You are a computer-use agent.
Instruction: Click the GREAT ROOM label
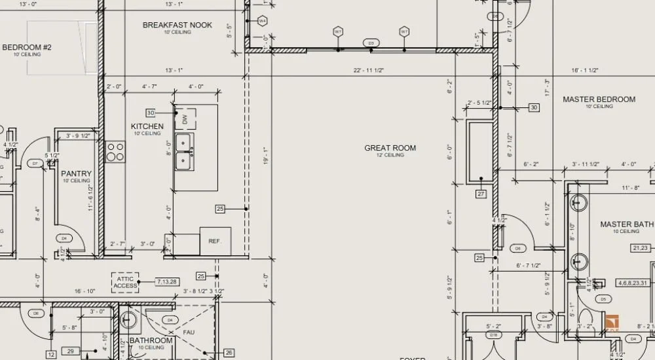390,148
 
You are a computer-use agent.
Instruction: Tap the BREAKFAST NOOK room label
178,25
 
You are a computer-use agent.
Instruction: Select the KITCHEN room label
147,126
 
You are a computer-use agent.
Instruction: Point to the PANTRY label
77,173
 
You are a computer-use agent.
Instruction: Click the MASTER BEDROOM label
599,99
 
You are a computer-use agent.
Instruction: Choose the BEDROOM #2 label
27,47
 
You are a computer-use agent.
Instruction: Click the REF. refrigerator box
215,241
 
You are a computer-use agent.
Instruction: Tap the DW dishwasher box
185,118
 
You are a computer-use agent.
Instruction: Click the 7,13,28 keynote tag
166,281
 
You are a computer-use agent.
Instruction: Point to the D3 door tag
371,43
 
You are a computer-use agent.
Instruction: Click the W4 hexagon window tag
263,21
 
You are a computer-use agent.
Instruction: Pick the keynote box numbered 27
481,194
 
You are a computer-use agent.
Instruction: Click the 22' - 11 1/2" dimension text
369,69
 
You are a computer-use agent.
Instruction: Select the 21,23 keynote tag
640,248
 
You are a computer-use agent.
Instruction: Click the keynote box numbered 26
229,352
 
